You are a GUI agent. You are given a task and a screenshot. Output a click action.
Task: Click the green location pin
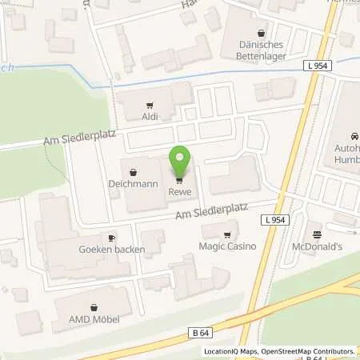coord(179,160)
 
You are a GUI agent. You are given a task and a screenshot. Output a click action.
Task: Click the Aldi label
coord(150,117)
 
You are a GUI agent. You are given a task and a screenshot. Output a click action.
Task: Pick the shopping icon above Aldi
coord(150,105)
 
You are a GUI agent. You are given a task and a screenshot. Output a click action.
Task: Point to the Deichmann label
coord(133,182)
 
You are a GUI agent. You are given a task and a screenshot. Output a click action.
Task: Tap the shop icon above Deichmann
coord(133,170)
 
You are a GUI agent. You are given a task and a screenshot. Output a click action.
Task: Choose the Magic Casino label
coord(227,246)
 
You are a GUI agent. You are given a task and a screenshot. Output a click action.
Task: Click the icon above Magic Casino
coord(227,235)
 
